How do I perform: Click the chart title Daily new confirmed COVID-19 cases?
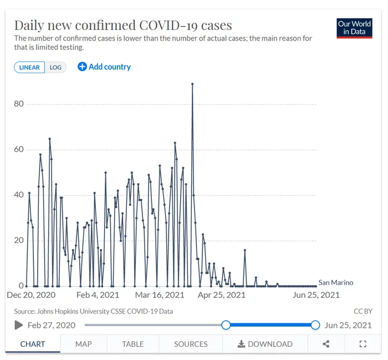pos(123,25)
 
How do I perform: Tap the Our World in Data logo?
pos(354,28)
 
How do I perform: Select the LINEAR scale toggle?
pos(29,67)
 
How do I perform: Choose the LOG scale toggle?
pos(55,67)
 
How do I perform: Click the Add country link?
pos(104,67)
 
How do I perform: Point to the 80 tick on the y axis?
pos(19,104)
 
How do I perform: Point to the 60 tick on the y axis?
pos(19,149)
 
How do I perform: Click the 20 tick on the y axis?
pos(19,240)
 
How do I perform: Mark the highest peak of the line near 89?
pos(192,84)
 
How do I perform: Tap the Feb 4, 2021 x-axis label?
pos(98,295)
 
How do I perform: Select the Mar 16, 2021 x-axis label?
pos(160,295)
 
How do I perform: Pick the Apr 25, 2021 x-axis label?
pos(222,295)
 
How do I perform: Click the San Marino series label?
pos(335,282)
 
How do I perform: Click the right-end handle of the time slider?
pos(315,325)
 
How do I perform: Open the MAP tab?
pos(84,344)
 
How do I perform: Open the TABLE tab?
pos(133,344)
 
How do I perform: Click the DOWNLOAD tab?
pos(265,344)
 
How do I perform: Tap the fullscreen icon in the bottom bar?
pos(363,344)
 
